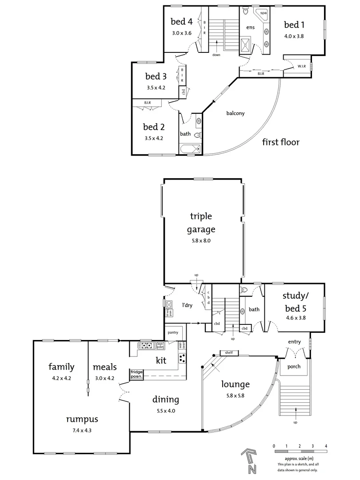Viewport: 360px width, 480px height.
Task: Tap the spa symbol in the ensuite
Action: click(x=263, y=13)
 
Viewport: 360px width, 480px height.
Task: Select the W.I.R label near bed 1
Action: click(x=301, y=67)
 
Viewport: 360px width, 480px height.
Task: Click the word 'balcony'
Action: click(x=236, y=113)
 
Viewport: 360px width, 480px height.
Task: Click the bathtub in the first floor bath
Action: click(x=190, y=148)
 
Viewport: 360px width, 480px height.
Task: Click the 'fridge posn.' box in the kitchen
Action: click(x=136, y=374)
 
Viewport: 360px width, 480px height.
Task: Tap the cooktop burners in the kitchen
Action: click(x=182, y=358)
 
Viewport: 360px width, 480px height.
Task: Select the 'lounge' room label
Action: click(x=235, y=384)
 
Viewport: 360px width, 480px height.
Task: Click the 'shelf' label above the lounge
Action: click(x=229, y=353)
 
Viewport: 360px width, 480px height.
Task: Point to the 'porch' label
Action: click(x=294, y=367)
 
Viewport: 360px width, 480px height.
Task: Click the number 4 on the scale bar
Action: click(x=326, y=445)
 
